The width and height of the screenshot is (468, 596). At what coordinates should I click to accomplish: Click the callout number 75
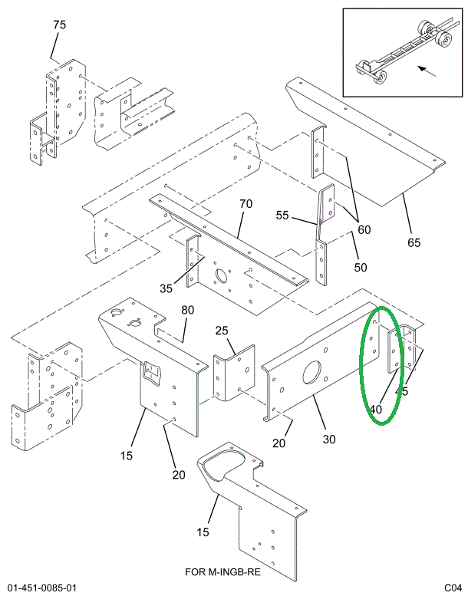[59, 25]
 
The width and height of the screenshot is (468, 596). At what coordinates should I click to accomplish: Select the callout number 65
[414, 243]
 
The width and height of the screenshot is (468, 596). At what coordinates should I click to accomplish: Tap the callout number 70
[246, 204]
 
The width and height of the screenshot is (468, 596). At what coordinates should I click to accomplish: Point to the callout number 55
[283, 216]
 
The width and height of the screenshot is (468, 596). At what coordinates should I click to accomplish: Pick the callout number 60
[364, 229]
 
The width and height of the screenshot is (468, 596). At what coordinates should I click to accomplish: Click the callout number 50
[361, 268]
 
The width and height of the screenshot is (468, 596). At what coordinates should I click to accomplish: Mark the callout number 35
[166, 288]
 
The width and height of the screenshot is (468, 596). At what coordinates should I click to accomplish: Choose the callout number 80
[187, 311]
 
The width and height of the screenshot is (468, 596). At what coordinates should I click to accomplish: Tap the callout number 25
[222, 331]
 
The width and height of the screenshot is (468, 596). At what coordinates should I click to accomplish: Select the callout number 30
[329, 440]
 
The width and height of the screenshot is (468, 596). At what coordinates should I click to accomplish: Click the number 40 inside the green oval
[375, 410]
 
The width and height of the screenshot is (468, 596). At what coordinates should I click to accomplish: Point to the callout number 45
[401, 392]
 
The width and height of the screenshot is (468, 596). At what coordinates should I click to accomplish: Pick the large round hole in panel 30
[313, 372]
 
